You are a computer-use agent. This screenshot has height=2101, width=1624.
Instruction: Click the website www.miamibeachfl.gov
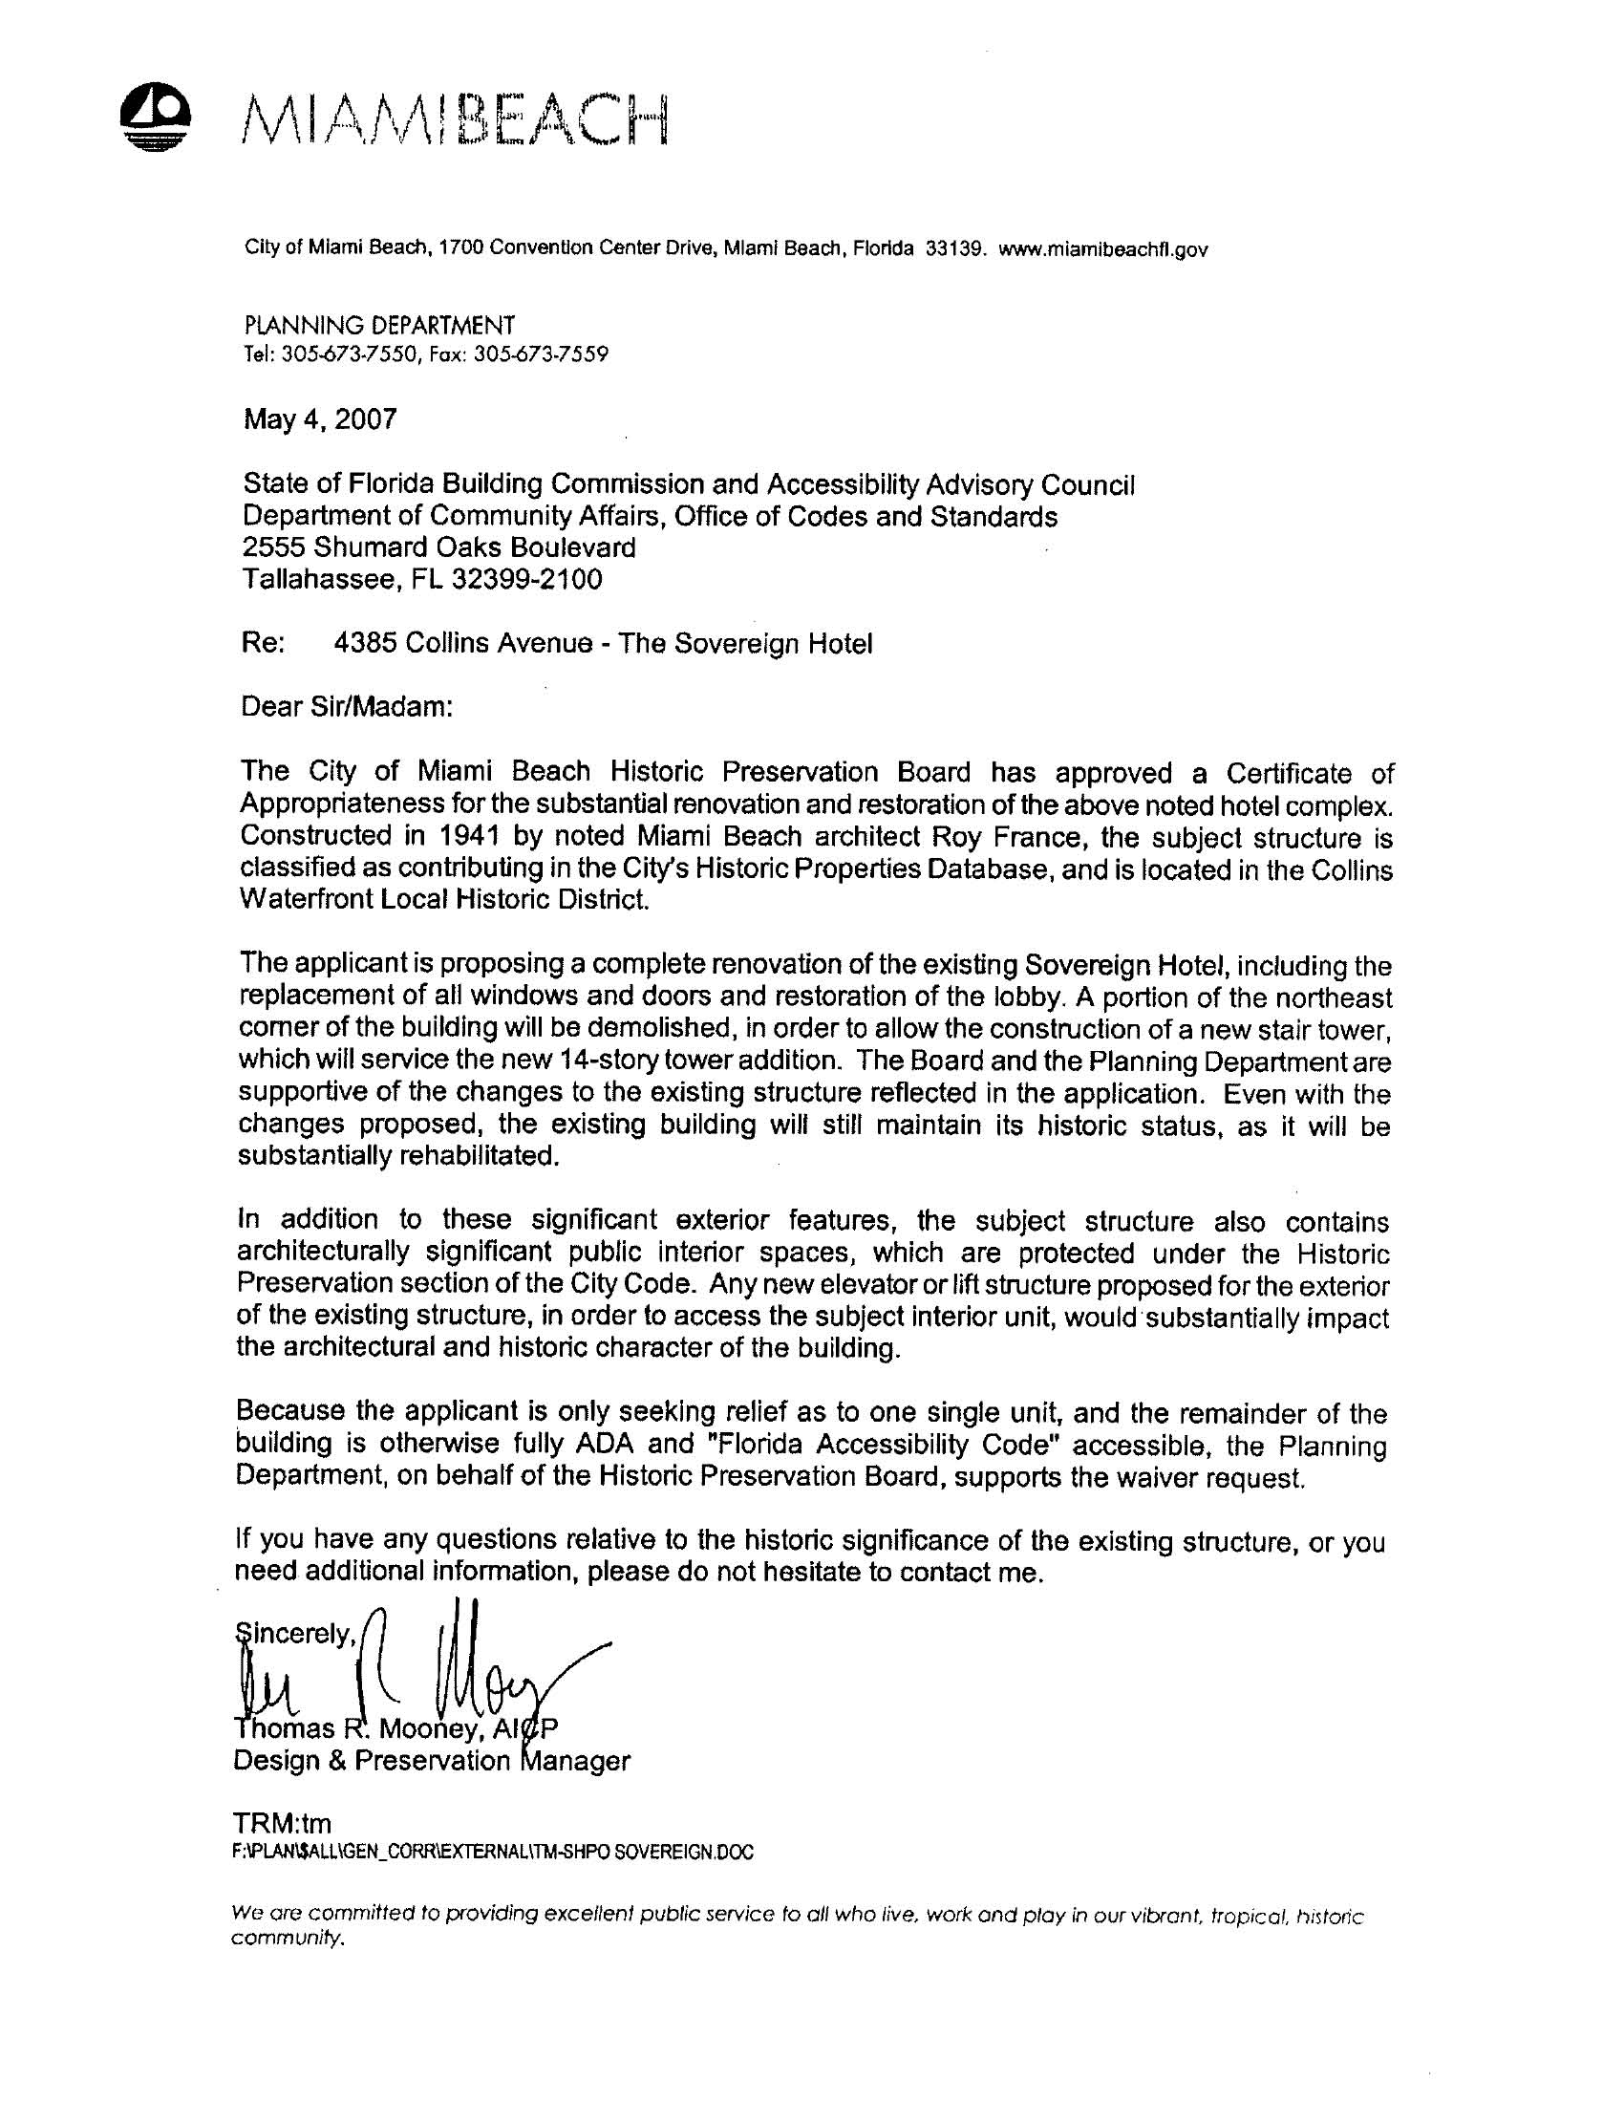[1102, 250]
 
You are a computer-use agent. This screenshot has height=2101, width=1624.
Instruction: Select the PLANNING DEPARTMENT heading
[379, 325]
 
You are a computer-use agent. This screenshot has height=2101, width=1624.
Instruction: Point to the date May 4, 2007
[319, 419]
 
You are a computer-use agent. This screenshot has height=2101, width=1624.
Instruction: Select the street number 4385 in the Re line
[365, 644]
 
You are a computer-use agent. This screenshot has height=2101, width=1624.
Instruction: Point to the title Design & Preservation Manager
[432, 1762]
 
